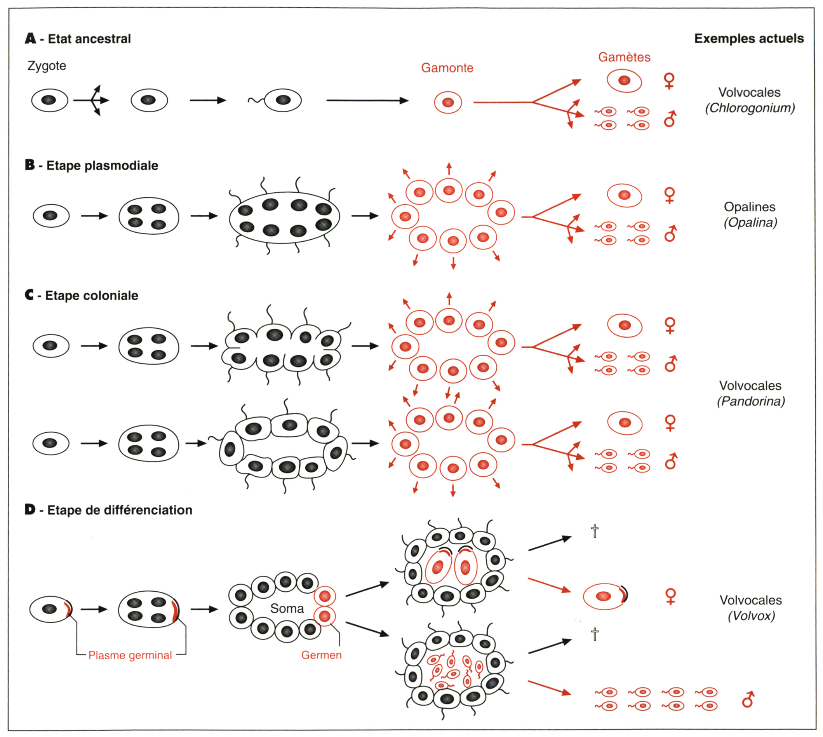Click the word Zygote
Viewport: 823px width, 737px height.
click(x=47, y=66)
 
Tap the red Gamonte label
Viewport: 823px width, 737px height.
click(x=447, y=68)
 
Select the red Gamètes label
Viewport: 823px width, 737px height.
click(x=624, y=57)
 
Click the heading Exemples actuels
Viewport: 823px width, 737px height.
click(x=749, y=38)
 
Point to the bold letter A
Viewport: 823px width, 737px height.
click(x=30, y=38)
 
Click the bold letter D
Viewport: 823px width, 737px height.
click(x=30, y=509)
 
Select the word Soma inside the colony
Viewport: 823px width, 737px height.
click(x=287, y=608)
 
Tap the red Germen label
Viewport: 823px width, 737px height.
click(x=322, y=655)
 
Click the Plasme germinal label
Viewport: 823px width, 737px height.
click(x=130, y=655)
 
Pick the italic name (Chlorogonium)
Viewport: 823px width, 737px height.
click(x=750, y=108)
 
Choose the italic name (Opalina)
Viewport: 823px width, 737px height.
click(x=750, y=223)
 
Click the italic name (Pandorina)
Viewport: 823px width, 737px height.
click(x=751, y=401)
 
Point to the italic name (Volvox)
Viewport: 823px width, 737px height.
click(x=751, y=616)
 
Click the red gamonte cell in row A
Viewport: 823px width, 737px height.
click(x=448, y=103)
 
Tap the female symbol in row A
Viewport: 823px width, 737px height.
click(x=669, y=80)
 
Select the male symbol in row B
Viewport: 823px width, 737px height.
click(x=670, y=233)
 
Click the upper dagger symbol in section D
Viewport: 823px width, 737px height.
click(x=594, y=530)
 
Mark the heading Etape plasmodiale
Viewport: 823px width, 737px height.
click(x=102, y=166)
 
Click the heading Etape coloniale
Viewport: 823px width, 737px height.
click(x=92, y=296)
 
